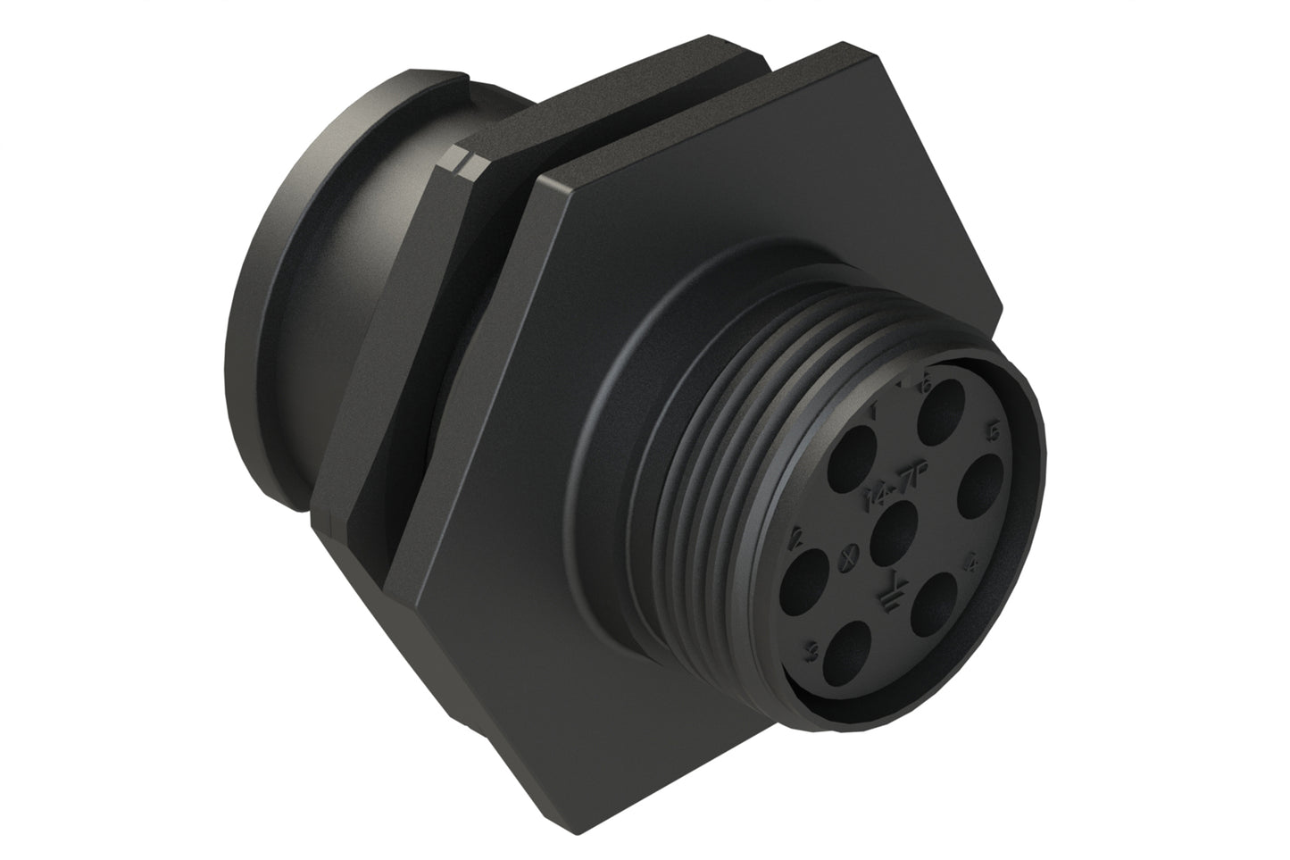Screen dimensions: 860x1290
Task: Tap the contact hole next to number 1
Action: click(854, 453)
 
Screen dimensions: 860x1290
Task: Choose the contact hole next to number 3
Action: click(845, 645)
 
